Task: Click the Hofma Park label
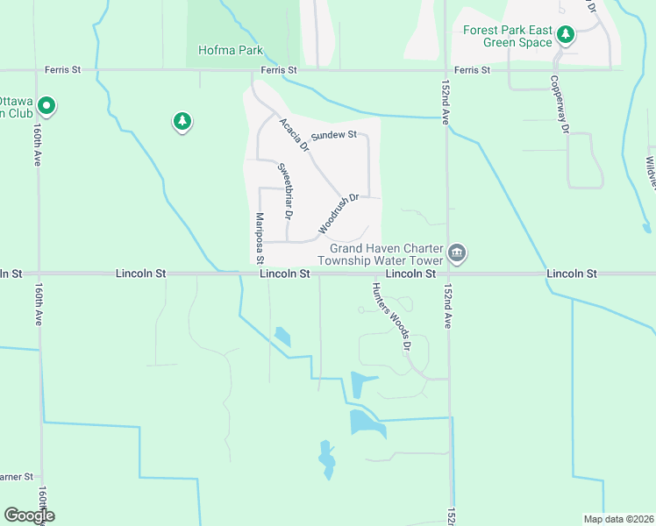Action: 231,51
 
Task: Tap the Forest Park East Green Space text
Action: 508,36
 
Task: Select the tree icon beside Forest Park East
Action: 567,34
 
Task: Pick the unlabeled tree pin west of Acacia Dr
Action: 182,121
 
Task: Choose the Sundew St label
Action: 334,135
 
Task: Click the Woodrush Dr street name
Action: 339,214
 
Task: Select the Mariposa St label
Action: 260,238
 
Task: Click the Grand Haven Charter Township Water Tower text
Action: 379,253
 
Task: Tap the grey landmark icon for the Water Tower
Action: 456,253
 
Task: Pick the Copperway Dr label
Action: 560,104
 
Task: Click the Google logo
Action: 29,515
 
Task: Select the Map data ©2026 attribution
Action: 618,519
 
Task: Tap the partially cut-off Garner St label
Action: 16,477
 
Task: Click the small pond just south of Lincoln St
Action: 282,336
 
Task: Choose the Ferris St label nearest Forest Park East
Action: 472,69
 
